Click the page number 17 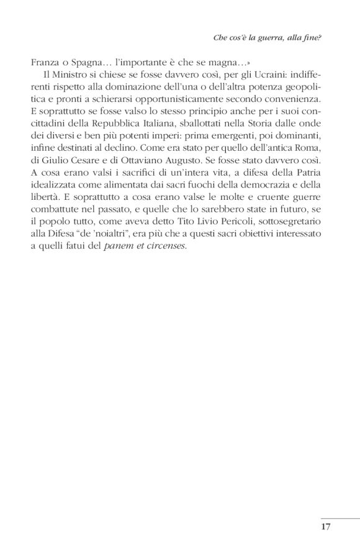click(325, 527)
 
